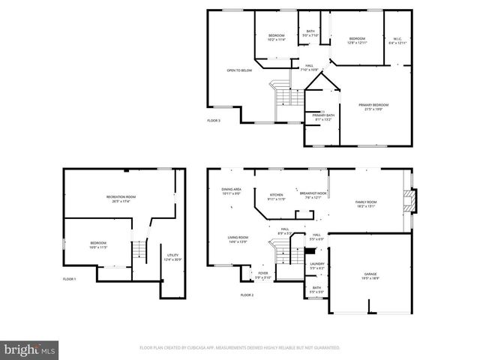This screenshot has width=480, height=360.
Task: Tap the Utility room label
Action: click(172, 258)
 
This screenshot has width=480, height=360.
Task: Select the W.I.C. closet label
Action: click(397, 40)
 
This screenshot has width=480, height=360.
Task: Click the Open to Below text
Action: click(239, 70)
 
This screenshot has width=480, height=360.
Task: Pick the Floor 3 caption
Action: click(214, 120)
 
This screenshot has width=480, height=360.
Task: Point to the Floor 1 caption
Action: click(69, 279)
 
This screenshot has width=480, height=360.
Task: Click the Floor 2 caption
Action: click(247, 295)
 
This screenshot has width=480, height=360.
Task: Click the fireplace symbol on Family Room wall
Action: click(409, 201)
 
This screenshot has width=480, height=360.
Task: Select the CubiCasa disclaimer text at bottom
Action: click(239, 348)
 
